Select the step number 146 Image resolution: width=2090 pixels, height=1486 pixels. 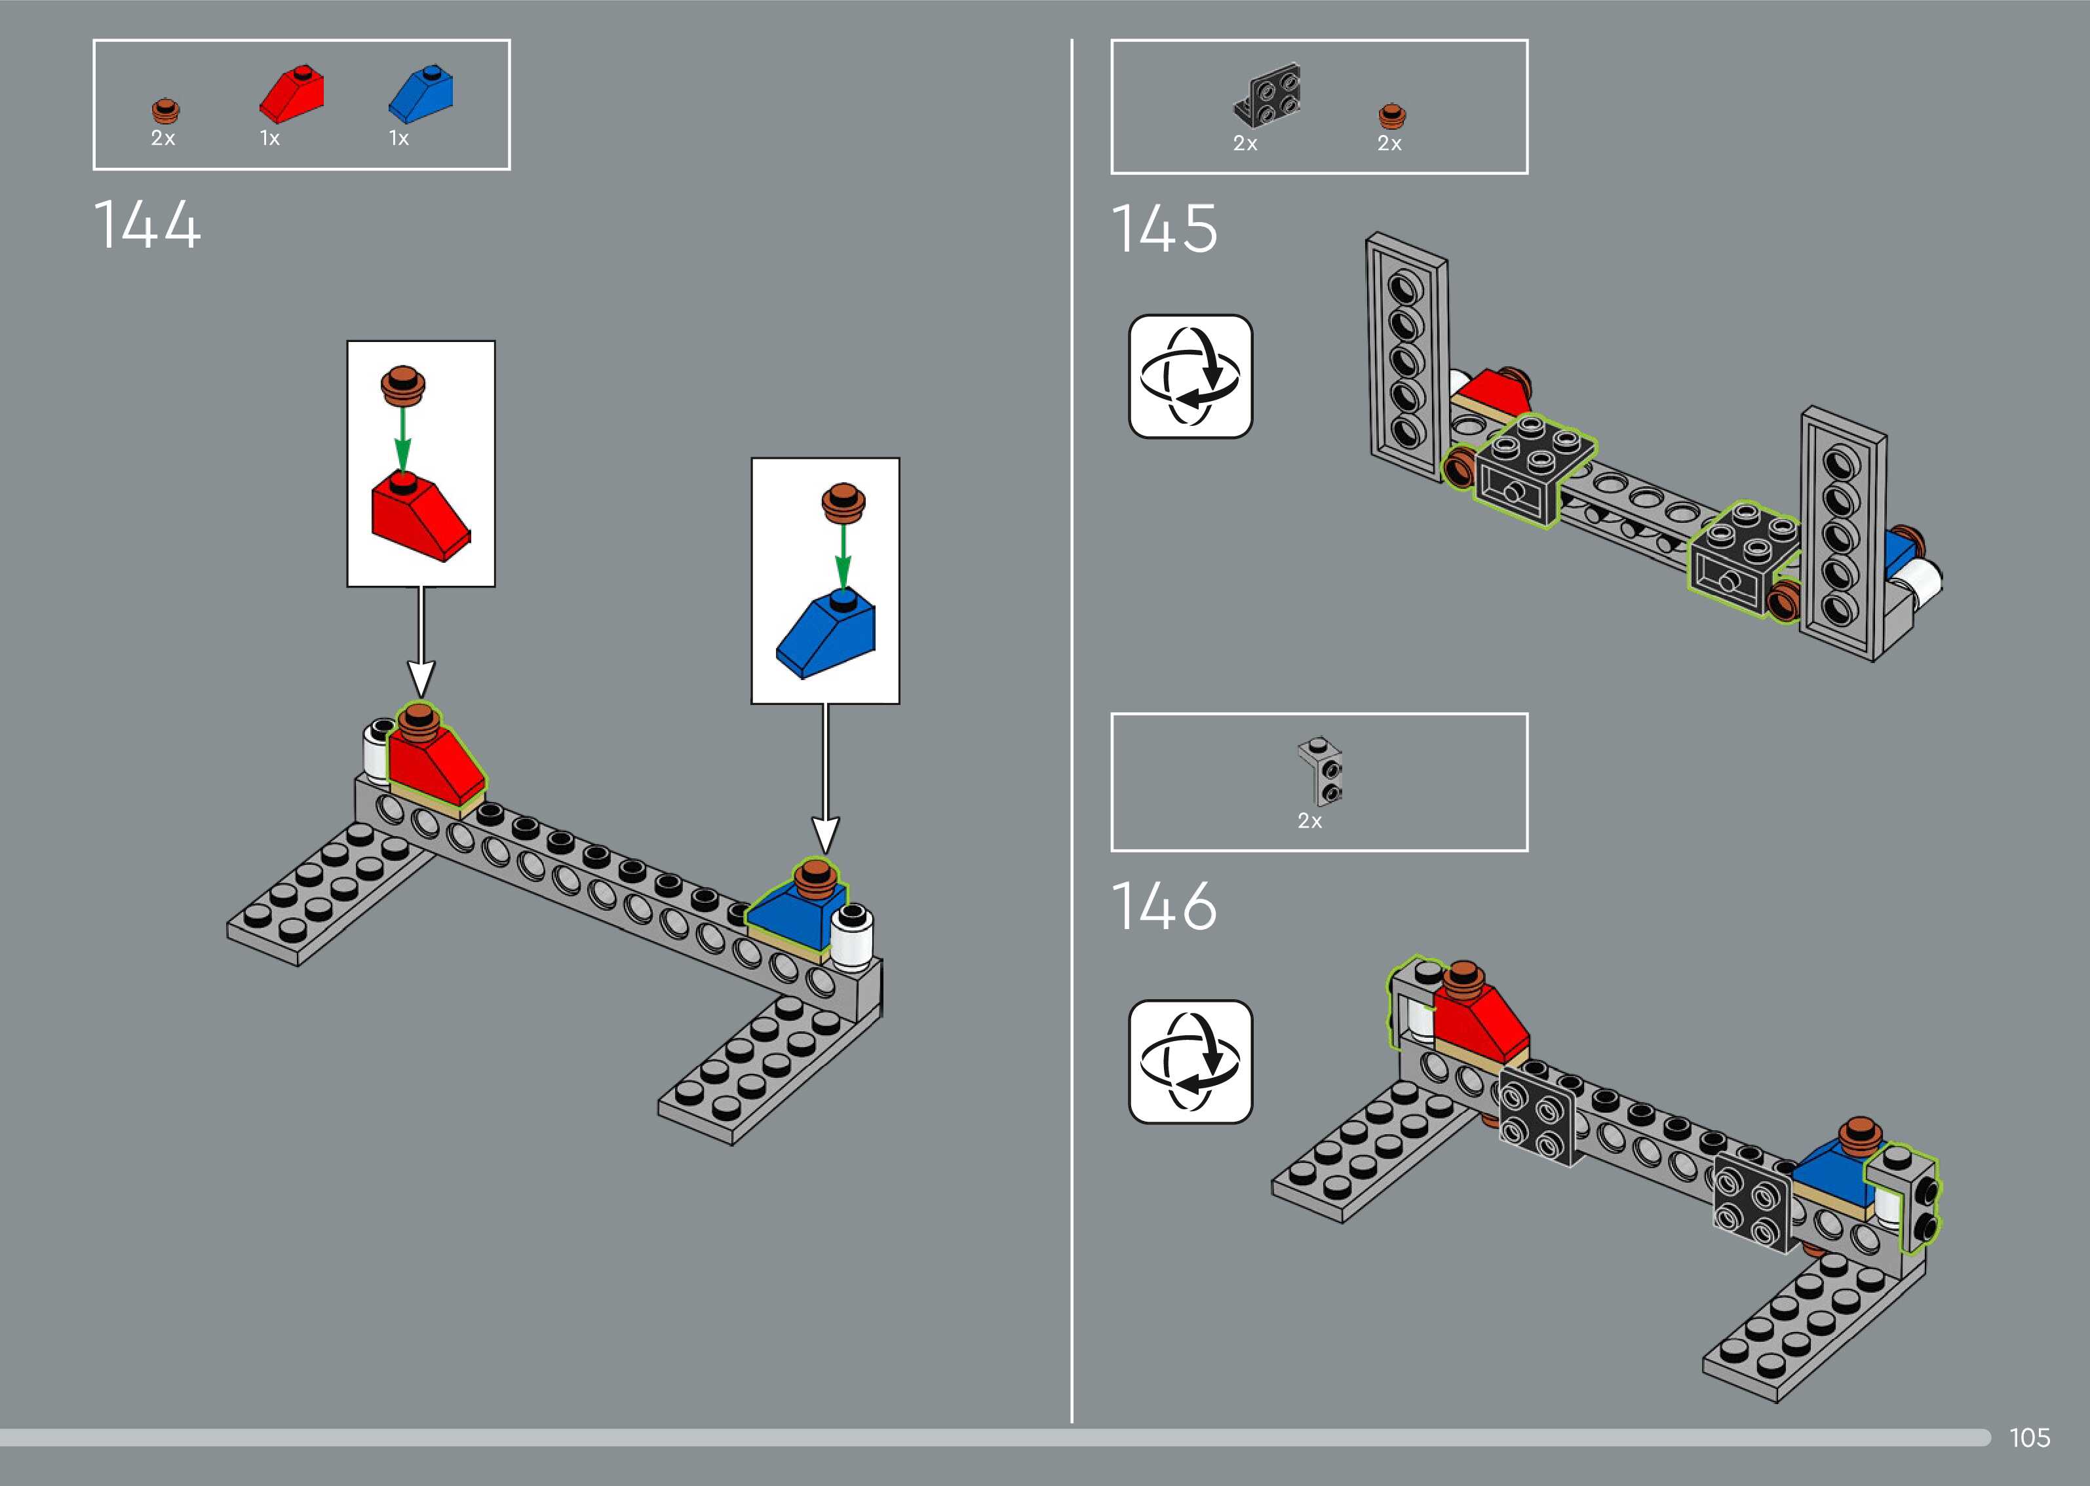[1164, 906]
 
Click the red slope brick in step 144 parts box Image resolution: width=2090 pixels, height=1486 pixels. [292, 93]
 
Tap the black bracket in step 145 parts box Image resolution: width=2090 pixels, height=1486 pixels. [1268, 95]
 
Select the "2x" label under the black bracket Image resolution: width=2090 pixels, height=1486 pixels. [1245, 143]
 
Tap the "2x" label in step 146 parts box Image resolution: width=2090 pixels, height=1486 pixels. [1309, 821]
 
